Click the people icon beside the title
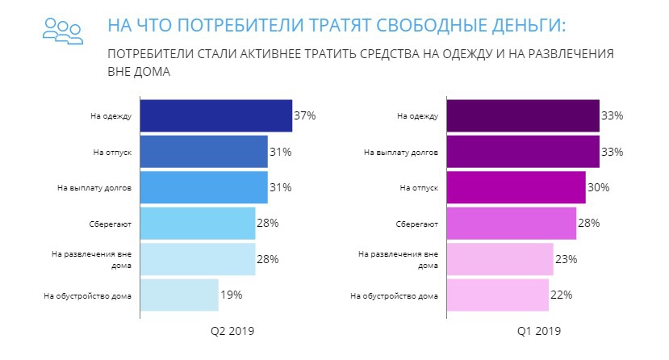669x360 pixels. pos(62,30)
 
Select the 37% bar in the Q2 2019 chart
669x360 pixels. pos(215,115)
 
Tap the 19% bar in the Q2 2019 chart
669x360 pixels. pos(179,295)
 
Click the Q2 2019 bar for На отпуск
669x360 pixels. pos(203,152)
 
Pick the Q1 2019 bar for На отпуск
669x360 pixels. pos(516,187)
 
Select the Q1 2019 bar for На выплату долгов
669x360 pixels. pos(522,152)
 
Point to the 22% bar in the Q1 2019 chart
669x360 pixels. pos(497,295)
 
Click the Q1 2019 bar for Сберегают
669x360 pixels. pos(511,223)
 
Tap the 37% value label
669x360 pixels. pos(304,116)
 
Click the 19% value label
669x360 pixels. pos(231,295)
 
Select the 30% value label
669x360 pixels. pos(598,187)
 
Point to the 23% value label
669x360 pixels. pos(566,259)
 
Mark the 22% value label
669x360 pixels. pos(561,295)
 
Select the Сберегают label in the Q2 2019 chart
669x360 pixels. pos(116,224)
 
